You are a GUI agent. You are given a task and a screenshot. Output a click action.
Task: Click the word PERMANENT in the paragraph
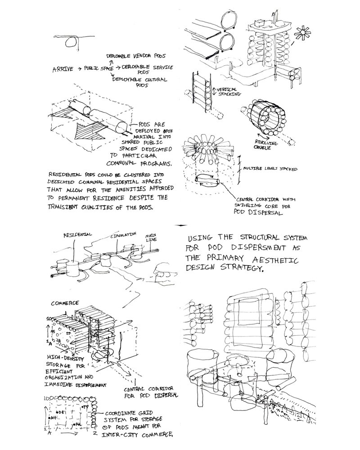pyautogui.click(x=81, y=197)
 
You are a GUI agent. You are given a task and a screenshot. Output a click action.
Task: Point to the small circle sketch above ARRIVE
pyautogui.click(x=70, y=42)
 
